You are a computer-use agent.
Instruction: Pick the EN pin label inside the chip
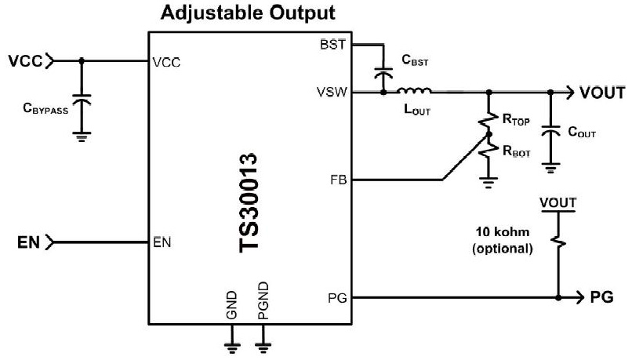coord(162,242)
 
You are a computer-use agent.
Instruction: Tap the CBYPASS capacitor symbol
coord(82,102)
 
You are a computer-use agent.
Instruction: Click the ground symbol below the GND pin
coord(231,343)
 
